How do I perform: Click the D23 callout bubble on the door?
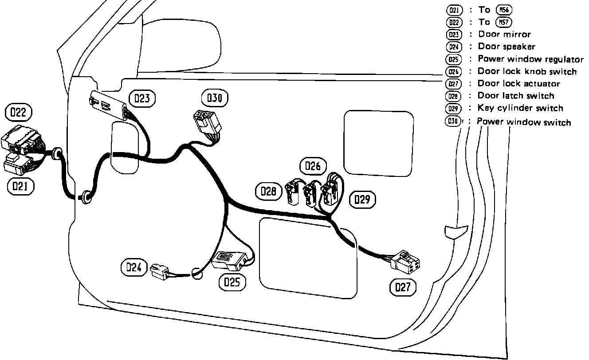(x=142, y=98)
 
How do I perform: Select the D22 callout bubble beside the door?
(x=18, y=113)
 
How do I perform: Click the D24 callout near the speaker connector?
(x=133, y=267)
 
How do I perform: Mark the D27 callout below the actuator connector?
(x=403, y=287)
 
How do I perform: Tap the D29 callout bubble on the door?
(x=362, y=200)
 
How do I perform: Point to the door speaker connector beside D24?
(x=160, y=270)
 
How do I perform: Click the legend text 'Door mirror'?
(x=504, y=34)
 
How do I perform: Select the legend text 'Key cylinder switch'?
(x=520, y=108)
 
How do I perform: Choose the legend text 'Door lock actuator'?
(x=518, y=83)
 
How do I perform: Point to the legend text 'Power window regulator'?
(x=530, y=59)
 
